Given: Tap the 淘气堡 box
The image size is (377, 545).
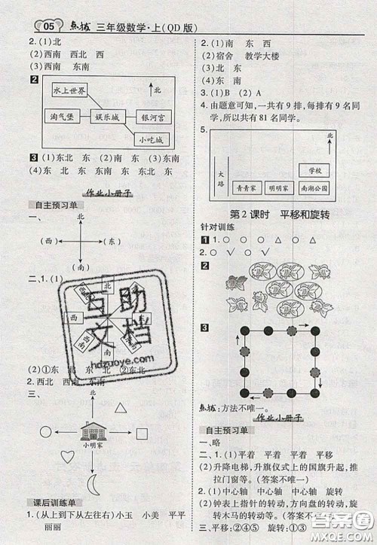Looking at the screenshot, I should (x=60, y=118).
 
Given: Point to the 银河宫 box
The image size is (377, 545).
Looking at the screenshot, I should (x=157, y=118).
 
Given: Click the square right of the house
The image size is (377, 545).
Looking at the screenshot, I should (x=142, y=434).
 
